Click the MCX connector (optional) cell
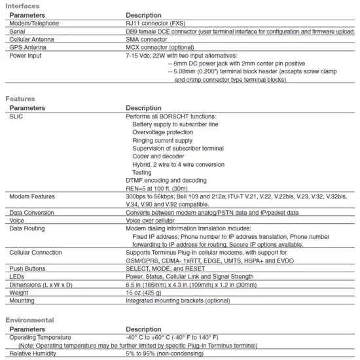160,47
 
